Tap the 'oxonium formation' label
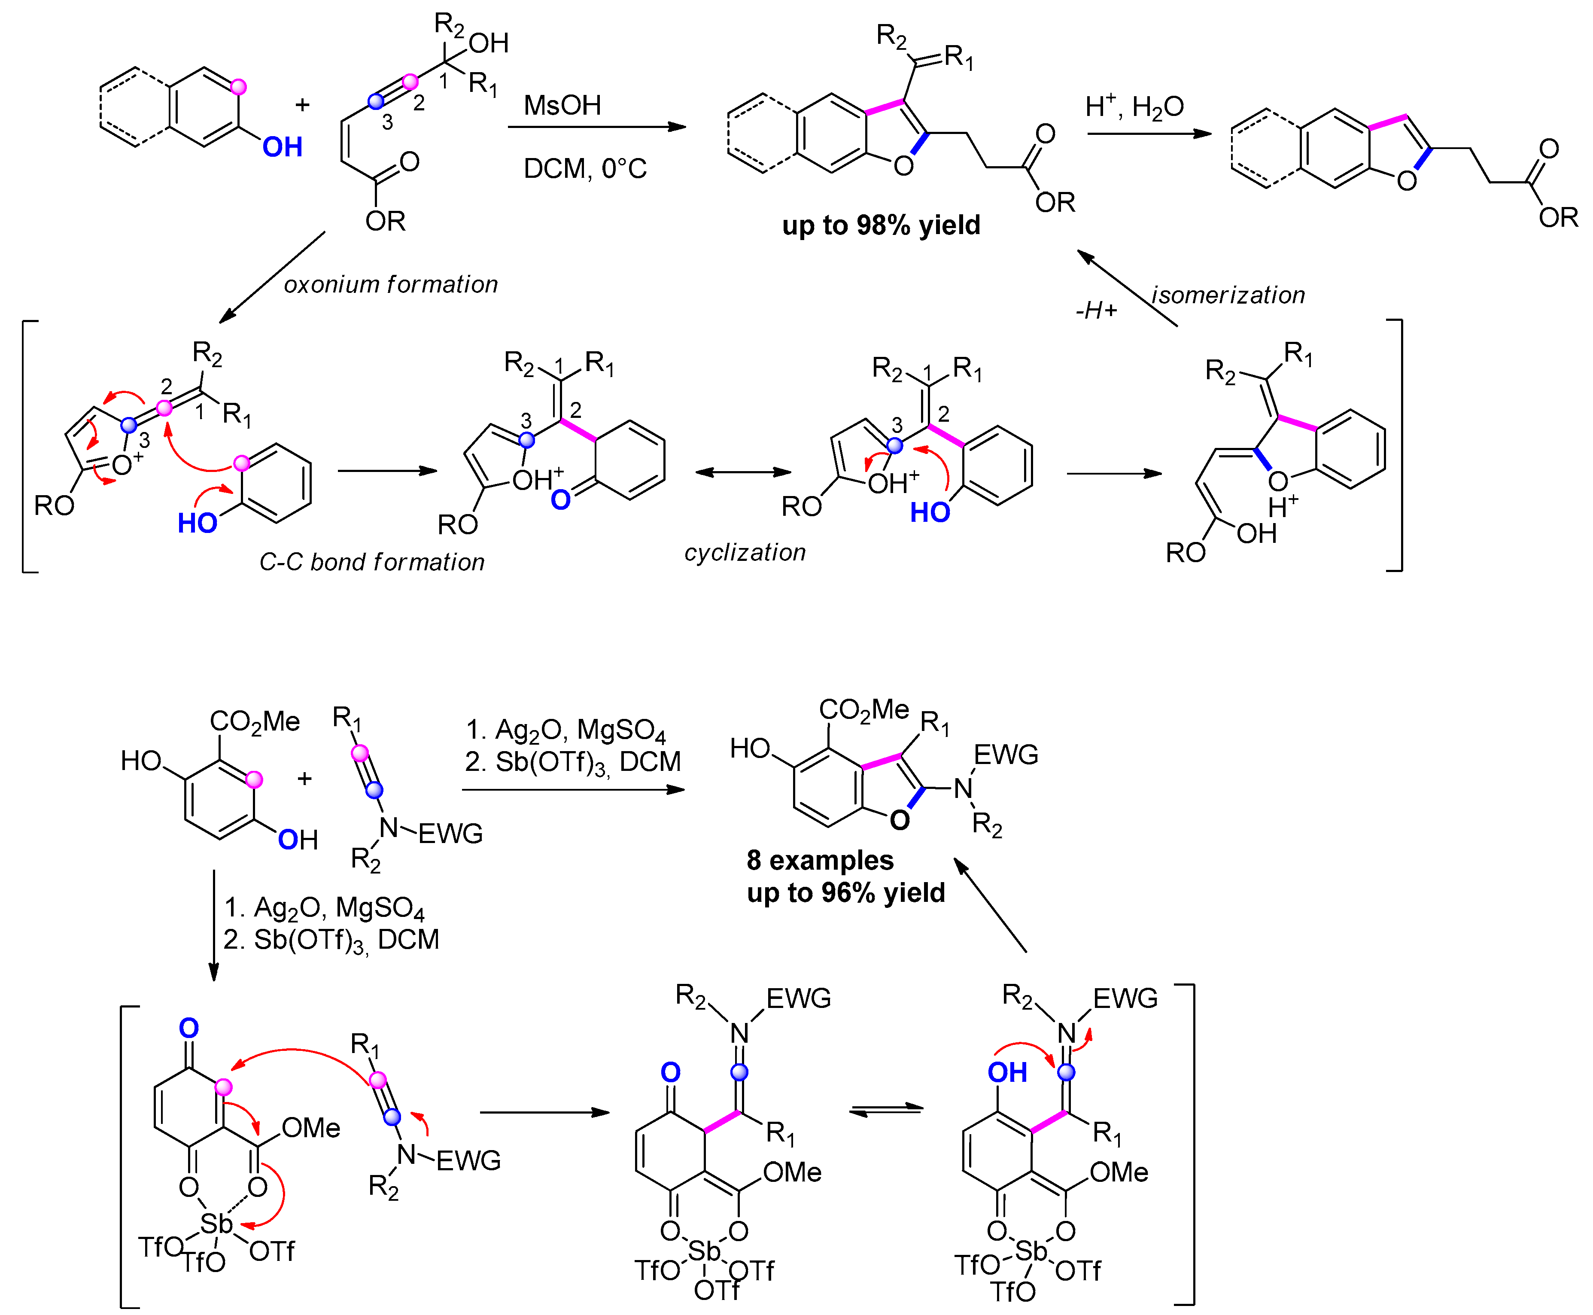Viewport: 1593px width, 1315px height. pyautogui.click(x=391, y=285)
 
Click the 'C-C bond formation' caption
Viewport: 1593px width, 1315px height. pyautogui.click(x=371, y=562)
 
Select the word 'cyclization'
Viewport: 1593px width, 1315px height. pyautogui.click(x=745, y=552)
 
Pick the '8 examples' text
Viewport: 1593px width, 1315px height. pyautogui.click(x=820, y=861)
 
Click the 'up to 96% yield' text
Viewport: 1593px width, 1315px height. pyautogui.click(x=845, y=893)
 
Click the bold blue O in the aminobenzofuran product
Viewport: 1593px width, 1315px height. pyautogui.click(x=899, y=819)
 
